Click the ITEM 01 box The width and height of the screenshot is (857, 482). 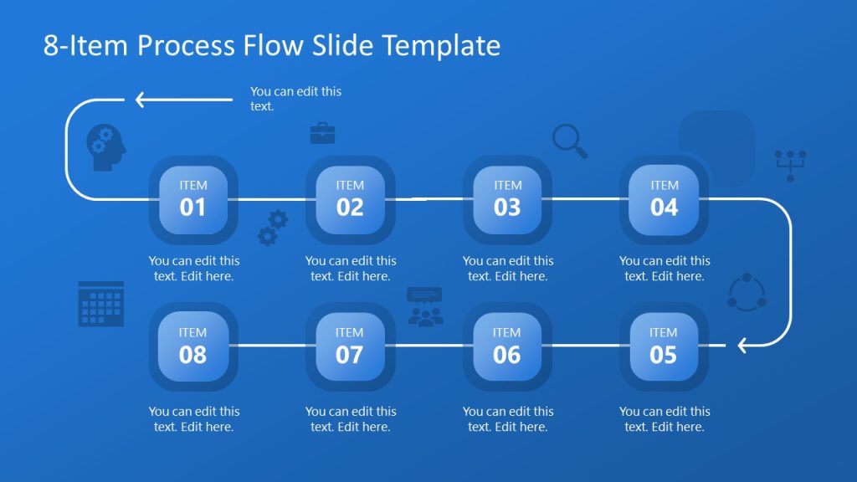click(x=192, y=199)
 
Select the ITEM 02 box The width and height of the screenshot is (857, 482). click(x=350, y=199)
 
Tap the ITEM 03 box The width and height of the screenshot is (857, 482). click(x=507, y=199)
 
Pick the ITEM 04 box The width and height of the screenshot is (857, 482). click(x=664, y=199)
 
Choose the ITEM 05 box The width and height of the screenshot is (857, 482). click(x=664, y=346)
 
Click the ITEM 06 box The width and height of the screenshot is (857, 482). click(x=507, y=346)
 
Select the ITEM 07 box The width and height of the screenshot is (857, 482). click(x=350, y=346)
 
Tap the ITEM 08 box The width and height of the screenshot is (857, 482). click(x=192, y=346)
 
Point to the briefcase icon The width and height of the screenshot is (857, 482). click(x=322, y=133)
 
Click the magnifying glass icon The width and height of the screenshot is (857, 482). click(x=569, y=141)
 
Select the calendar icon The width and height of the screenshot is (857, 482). click(x=101, y=304)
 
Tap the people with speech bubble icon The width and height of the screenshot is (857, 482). click(x=425, y=306)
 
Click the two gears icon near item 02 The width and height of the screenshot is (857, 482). click(x=273, y=228)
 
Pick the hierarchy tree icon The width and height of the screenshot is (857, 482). click(x=790, y=165)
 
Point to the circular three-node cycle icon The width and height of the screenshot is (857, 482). click(x=746, y=292)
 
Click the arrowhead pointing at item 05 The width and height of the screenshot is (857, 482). click(x=742, y=345)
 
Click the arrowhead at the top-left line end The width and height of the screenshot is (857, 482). click(x=141, y=100)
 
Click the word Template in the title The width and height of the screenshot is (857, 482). click(x=441, y=45)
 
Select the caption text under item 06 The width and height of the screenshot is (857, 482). click(x=507, y=418)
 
